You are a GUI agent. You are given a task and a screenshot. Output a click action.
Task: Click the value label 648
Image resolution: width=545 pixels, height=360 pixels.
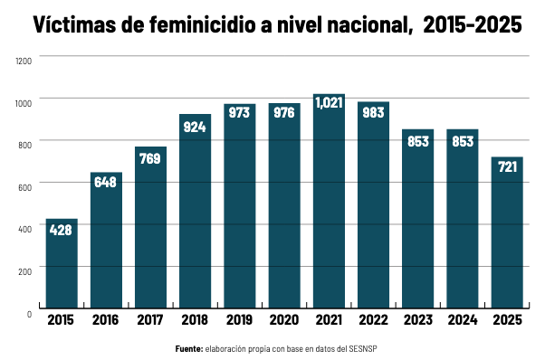[x=106, y=182]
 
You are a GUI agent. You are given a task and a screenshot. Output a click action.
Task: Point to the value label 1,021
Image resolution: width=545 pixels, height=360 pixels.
[x=329, y=103]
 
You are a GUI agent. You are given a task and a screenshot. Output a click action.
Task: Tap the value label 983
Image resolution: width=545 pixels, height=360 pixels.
[x=373, y=112]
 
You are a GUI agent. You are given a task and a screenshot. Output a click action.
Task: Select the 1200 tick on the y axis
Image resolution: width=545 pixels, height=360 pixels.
[x=24, y=60]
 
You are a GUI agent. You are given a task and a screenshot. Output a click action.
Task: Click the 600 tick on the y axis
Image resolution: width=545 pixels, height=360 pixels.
[x=25, y=185]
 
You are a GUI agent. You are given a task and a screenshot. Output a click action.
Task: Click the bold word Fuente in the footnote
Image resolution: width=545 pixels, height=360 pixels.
[x=189, y=348]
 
